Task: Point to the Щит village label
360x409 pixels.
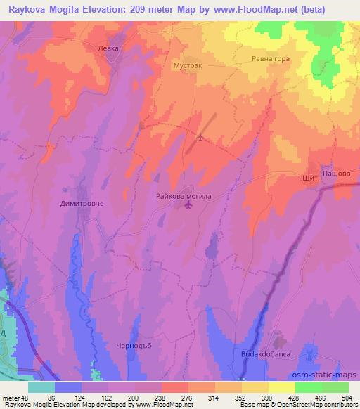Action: click(x=310, y=178)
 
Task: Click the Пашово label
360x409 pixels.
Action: click(x=336, y=172)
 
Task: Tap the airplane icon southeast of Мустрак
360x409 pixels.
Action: click(x=200, y=137)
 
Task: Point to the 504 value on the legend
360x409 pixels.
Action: click(x=347, y=397)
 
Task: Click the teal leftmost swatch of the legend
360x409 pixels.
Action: click(x=41, y=387)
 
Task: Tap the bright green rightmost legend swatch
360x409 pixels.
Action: click(x=335, y=387)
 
